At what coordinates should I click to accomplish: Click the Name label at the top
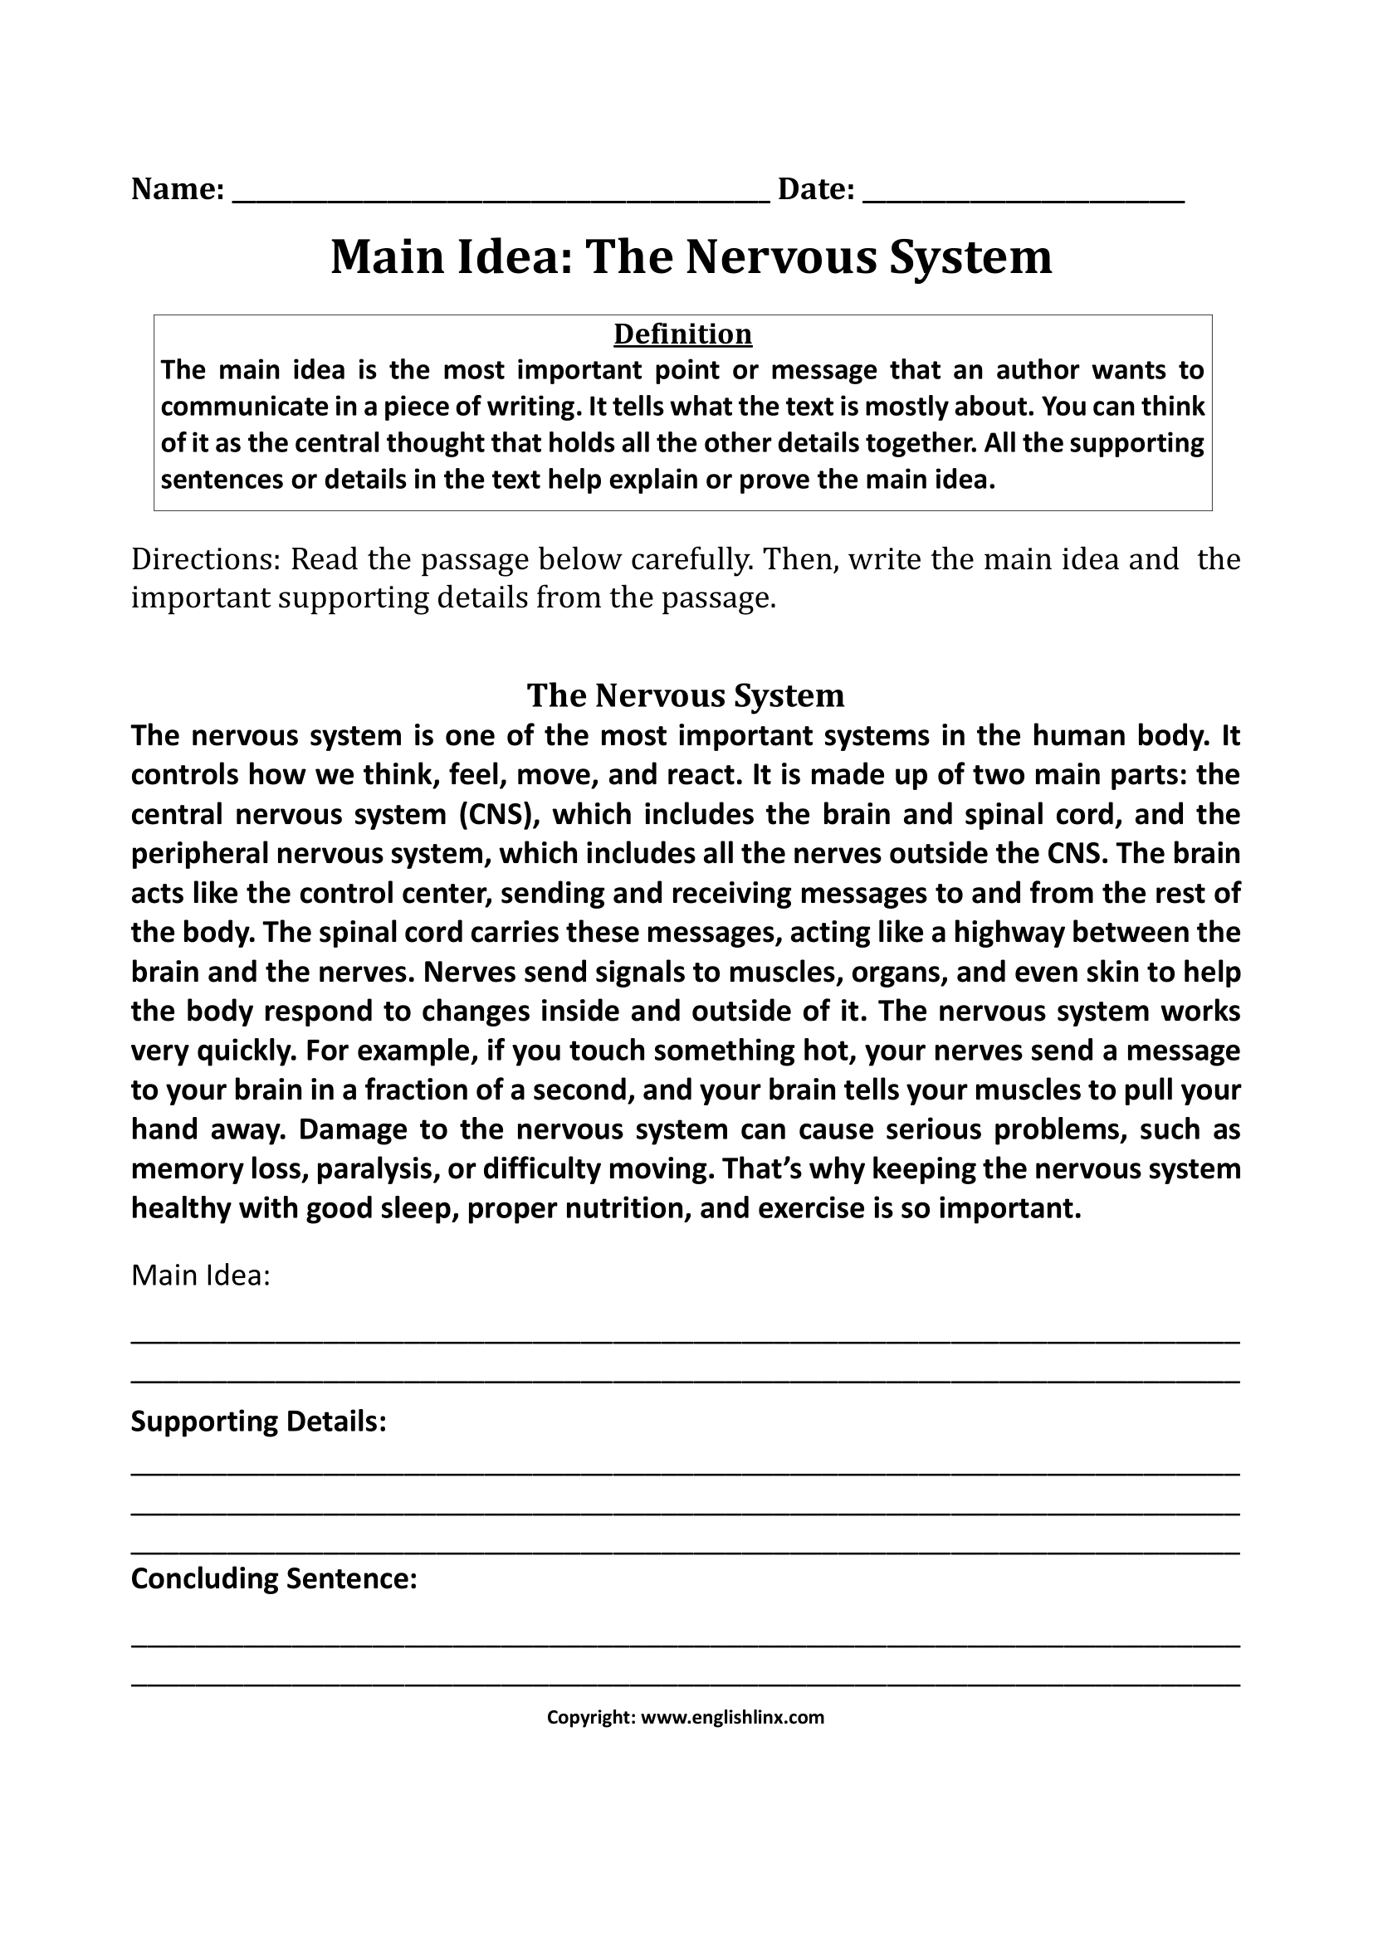(x=177, y=188)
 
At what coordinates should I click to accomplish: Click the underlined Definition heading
(x=682, y=334)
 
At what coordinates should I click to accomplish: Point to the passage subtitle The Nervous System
(x=686, y=695)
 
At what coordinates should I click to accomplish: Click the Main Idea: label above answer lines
(x=200, y=1275)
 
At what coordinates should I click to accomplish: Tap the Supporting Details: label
(x=258, y=1422)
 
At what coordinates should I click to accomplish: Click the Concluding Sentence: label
(x=274, y=1578)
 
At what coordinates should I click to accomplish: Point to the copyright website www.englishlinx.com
(x=732, y=1717)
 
